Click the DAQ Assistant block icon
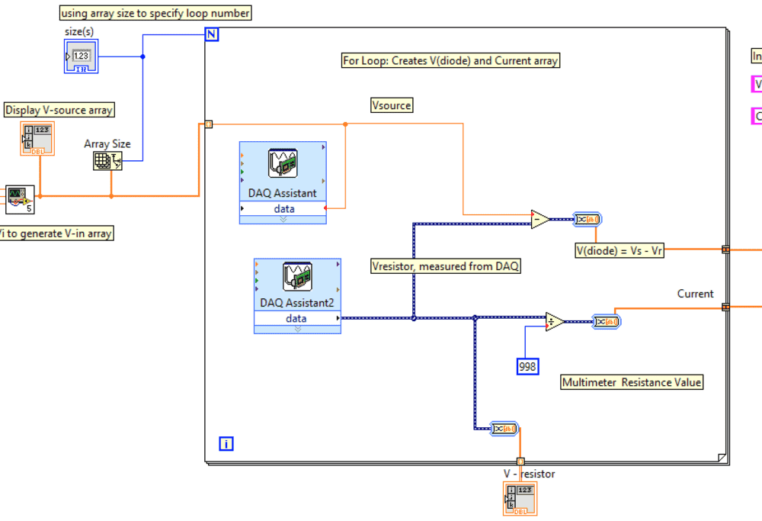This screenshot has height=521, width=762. (x=283, y=163)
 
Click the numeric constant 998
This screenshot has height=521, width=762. (x=527, y=367)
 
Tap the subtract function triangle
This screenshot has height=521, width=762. (x=540, y=220)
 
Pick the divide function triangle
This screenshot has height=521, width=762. (x=555, y=322)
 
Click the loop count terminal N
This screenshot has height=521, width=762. (x=213, y=34)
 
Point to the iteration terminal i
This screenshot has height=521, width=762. (x=226, y=443)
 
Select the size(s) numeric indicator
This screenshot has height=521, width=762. (x=81, y=56)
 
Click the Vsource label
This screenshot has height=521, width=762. (x=392, y=105)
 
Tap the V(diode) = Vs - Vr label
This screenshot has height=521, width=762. (x=620, y=249)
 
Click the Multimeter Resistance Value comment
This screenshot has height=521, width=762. (x=632, y=382)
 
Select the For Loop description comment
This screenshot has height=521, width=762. (x=450, y=60)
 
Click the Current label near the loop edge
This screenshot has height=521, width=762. (x=695, y=294)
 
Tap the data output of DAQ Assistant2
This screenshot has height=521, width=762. (x=297, y=319)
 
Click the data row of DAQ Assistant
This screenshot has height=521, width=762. (x=283, y=209)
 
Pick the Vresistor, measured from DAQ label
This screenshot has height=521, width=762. (x=446, y=266)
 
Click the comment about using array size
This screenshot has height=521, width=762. (x=155, y=13)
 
